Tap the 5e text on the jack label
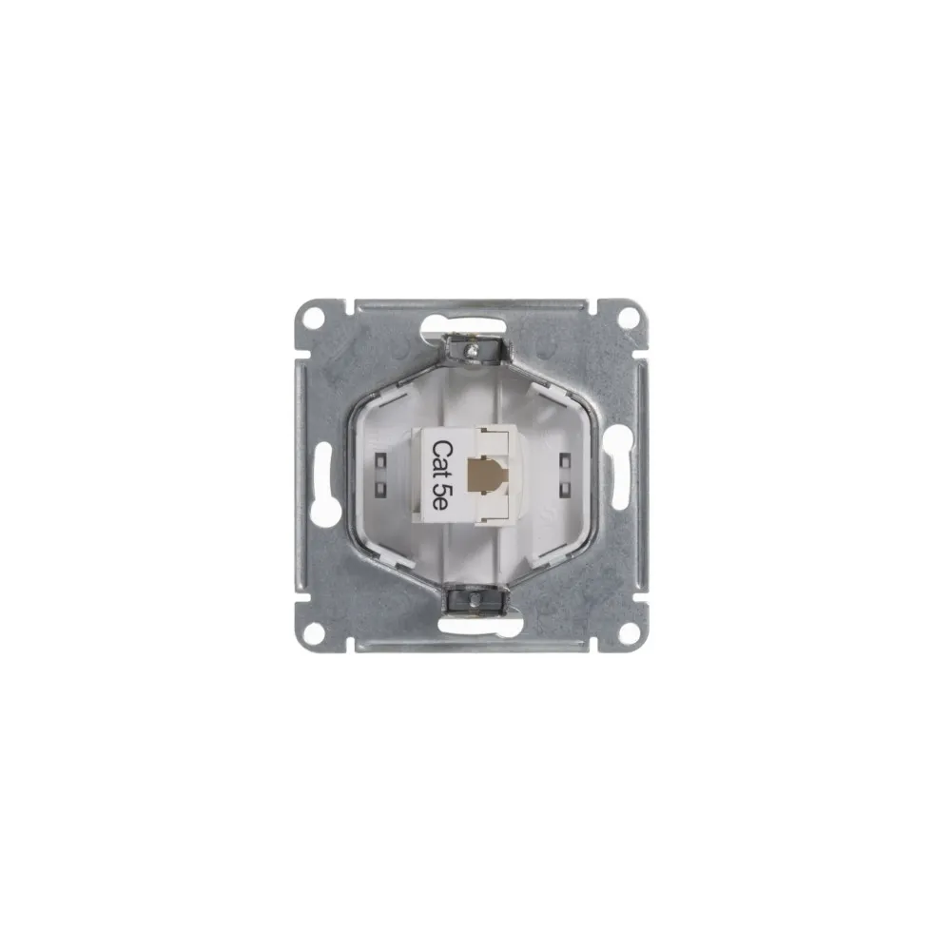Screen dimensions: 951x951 click(441, 500)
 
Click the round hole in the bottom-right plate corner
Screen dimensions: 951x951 click(631, 631)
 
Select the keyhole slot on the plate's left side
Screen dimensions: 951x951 click(323, 484)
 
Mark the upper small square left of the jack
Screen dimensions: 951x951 click(382, 461)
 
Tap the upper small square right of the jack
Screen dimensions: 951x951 click(568, 461)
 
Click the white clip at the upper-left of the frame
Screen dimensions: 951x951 click(399, 388)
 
